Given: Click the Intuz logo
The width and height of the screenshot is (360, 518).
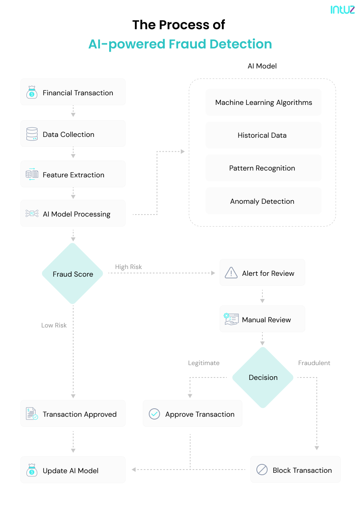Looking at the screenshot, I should tap(342, 10).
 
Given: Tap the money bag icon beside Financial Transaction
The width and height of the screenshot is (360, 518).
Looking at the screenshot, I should tap(32, 92).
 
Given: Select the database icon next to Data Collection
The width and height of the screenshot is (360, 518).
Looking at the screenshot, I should tap(32, 134).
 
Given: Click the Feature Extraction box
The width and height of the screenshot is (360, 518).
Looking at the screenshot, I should tap(73, 174).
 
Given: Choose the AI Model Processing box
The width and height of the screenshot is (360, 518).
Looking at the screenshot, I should tap(73, 213).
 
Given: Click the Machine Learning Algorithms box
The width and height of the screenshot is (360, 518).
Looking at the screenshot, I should tap(263, 102).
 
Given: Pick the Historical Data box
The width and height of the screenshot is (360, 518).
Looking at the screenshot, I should tap(263, 135).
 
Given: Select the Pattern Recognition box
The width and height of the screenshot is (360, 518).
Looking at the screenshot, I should tap(263, 168).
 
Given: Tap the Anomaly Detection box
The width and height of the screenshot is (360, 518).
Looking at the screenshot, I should tap(263, 201).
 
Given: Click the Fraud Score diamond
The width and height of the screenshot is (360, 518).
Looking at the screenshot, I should tap(73, 274).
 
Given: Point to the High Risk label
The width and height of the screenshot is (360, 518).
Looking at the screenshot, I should tap(128, 267).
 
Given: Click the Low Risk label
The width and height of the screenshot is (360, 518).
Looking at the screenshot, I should tap(54, 325).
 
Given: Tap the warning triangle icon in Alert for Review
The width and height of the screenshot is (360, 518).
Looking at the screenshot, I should tap(231, 273).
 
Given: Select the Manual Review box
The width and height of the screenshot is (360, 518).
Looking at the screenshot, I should tap(262, 319).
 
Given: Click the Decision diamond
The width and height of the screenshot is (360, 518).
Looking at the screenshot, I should tap(263, 377).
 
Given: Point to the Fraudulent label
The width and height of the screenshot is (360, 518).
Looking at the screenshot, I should tap(314, 363).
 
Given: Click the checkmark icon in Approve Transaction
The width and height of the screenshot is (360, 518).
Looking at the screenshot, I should tap(154, 414).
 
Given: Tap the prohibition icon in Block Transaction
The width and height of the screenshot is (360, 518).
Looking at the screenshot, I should tap(262, 470).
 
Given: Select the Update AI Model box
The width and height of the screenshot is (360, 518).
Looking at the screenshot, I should tap(73, 470).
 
